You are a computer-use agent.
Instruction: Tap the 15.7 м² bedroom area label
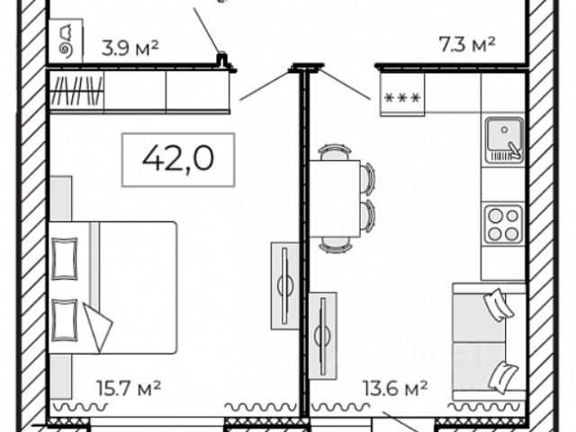pyautogui.click(x=128, y=388)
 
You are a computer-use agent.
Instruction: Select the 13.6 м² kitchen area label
pyautogui.click(x=395, y=388)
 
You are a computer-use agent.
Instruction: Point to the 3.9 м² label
pyautogui.click(x=130, y=48)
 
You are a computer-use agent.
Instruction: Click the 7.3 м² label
pyautogui.click(x=467, y=44)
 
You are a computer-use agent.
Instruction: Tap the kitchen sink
pyautogui.click(x=504, y=140)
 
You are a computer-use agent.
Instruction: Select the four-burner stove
pyautogui.click(x=504, y=224)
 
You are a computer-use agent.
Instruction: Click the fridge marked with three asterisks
pyautogui.click(x=402, y=94)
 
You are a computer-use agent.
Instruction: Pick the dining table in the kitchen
pyautogui.click(x=335, y=198)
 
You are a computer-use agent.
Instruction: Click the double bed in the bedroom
pyautogui.click(x=113, y=288)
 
